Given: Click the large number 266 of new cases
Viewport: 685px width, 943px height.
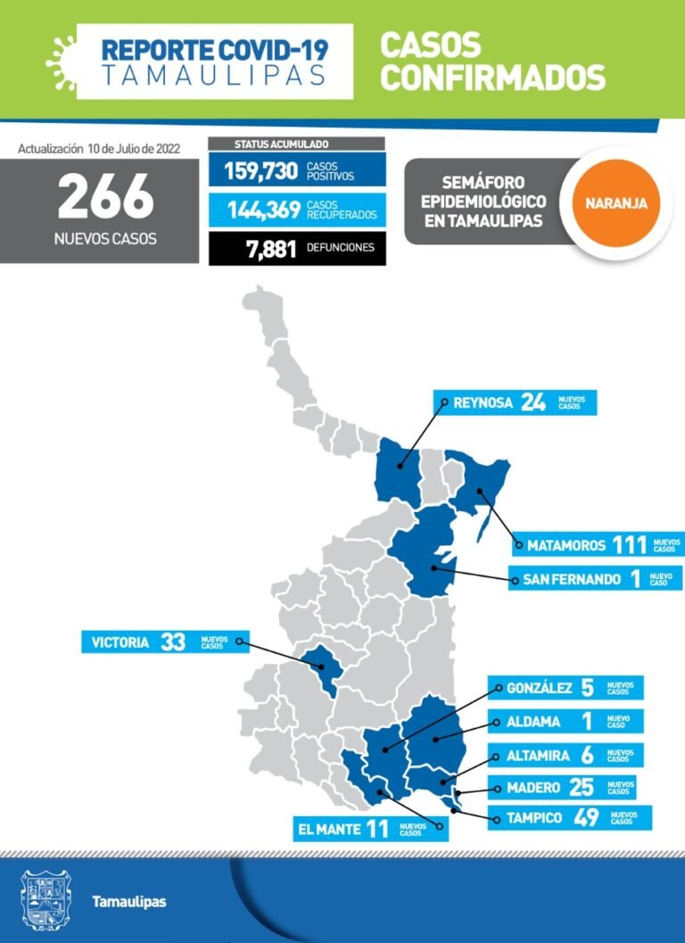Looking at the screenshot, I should click(105, 198).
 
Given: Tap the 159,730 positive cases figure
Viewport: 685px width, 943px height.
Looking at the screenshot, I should click(259, 170).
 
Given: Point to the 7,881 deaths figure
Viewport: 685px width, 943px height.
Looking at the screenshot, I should click(270, 248).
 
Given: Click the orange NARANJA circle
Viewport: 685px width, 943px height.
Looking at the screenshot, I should click(616, 203).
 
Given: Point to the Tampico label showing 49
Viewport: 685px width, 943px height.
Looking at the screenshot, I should click(570, 817).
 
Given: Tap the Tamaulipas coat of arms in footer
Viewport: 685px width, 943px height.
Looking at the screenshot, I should click(45, 899).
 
